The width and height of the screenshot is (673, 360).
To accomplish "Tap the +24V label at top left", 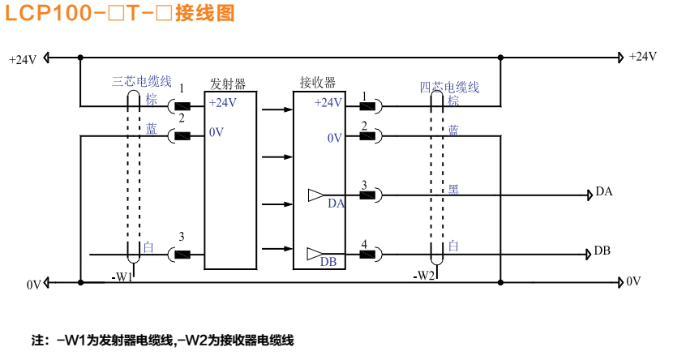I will (22, 59).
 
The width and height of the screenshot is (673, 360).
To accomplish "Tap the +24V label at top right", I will (642, 57).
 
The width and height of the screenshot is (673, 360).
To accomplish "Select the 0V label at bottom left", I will (33, 285).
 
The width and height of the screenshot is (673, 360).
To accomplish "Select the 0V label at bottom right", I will (633, 282).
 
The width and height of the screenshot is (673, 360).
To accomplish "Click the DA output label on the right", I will (603, 192).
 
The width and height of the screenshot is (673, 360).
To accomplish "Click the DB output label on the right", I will (602, 251).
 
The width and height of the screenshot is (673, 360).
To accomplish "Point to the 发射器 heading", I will (228, 84).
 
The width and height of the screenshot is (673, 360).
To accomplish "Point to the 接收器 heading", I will (318, 83).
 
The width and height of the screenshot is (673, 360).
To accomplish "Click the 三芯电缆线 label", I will (141, 81).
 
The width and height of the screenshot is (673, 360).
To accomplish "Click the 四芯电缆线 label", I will (449, 88).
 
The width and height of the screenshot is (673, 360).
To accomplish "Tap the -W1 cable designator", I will (122, 276).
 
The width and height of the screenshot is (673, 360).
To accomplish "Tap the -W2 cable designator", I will (424, 276).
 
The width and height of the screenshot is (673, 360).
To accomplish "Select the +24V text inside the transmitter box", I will (222, 103).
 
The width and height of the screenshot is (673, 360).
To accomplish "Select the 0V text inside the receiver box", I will (334, 139).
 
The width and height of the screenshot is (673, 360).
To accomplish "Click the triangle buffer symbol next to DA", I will (316, 195).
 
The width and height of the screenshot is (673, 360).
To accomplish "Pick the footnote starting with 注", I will (162, 341).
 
